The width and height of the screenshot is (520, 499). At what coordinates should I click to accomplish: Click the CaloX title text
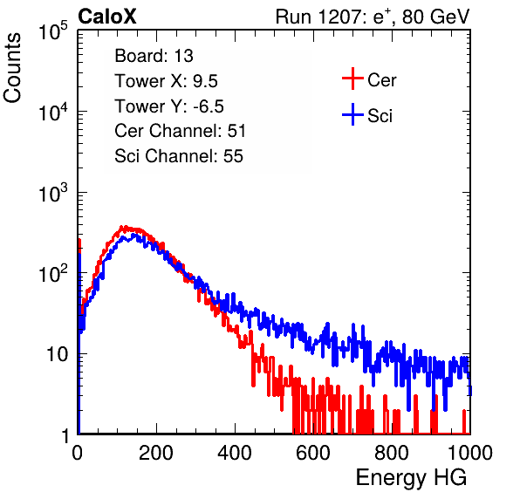pos(107,17)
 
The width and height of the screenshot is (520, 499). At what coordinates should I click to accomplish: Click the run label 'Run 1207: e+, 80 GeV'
pos(373,17)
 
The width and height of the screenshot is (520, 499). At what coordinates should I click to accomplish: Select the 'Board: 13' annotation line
pos(154,56)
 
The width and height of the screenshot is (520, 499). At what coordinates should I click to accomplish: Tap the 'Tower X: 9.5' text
pos(166,81)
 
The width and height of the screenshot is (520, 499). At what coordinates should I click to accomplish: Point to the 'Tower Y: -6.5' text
pos(169,106)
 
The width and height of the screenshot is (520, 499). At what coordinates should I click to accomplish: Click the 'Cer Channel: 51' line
pos(180,131)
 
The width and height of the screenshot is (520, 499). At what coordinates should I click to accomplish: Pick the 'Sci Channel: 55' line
pos(179,156)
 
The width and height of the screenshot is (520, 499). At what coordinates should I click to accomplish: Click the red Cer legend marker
pos(352,79)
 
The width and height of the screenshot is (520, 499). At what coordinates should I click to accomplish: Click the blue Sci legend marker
pos(352,114)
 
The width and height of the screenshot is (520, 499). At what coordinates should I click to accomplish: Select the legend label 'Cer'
pos(381,80)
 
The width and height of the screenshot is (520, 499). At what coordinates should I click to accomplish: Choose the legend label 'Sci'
pos(380,116)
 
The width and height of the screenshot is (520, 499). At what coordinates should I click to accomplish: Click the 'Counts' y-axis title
pos(12,68)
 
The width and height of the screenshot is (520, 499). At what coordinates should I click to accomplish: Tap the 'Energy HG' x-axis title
pos(411,478)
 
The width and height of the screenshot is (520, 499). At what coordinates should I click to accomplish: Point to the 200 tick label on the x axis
pos(156,453)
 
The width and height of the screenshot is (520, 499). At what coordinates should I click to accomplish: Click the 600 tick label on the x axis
pos(313,453)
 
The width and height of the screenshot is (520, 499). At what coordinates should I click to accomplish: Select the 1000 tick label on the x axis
pos(470,453)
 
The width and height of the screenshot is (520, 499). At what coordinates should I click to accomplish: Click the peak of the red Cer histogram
pos(122,227)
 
